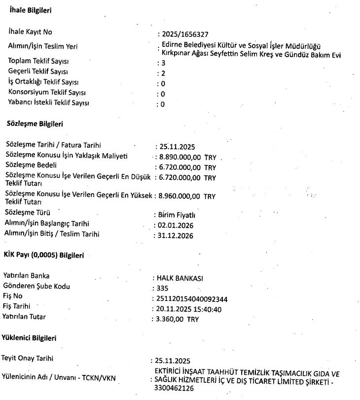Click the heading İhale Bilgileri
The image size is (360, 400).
pos(31,10)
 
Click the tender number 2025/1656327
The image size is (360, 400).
pos(184,34)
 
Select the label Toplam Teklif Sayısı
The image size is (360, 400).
pos(38,61)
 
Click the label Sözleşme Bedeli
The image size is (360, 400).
pos(31,164)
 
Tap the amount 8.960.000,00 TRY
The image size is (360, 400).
pos(187,196)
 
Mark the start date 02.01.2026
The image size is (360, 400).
pos(176,225)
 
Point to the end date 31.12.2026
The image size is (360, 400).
pos(176,235)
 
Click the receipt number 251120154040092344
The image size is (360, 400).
pos(192,299)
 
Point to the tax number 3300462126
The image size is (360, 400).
pos(173,389)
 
